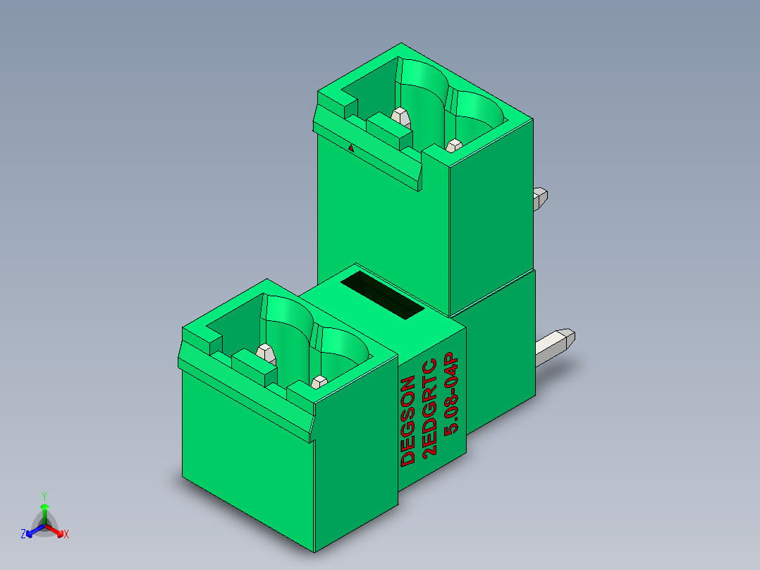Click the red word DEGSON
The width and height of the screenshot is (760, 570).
(x=408, y=422)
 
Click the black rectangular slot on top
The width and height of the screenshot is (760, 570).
(x=383, y=296)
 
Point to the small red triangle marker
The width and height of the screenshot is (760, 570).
(x=352, y=147)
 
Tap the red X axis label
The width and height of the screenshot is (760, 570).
(x=66, y=534)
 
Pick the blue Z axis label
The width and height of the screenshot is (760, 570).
(x=23, y=534)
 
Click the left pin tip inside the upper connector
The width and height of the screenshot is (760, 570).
(x=400, y=114)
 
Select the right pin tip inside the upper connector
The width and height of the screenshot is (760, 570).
(x=454, y=145)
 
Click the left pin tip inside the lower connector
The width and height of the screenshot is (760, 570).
(x=265, y=351)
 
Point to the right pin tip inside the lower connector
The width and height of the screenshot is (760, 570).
(x=318, y=382)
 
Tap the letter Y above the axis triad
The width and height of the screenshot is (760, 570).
(x=44, y=496)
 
